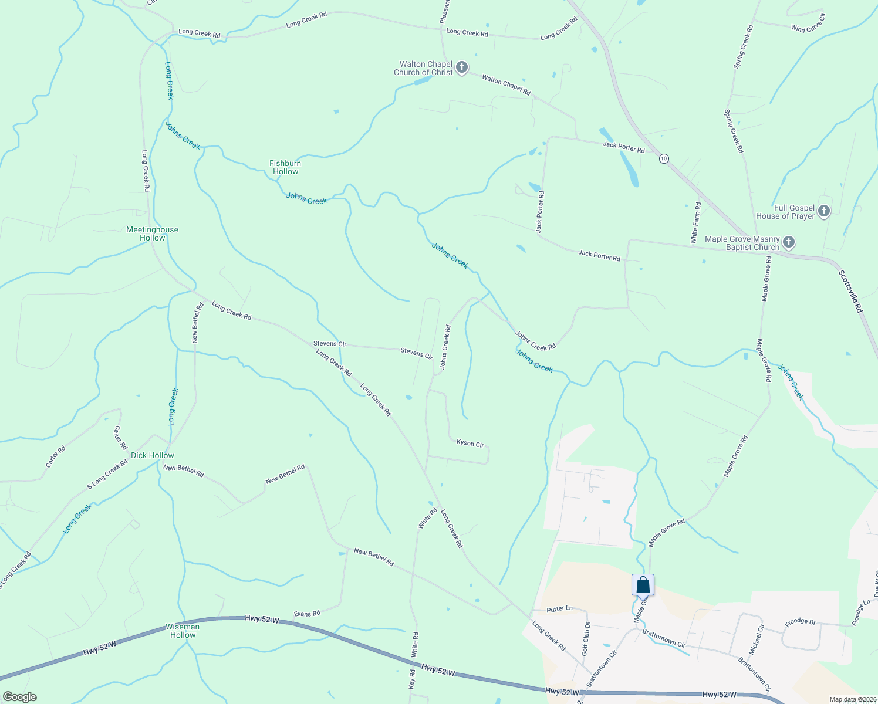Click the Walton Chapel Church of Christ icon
click(x=462, y=68)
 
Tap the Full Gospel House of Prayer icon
click(x=824, y=212)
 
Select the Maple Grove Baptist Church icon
click(x=789, y=243)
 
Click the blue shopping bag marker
click(x=643, y=585)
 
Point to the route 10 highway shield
click(x=663, y=158)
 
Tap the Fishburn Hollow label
click(x=285, y=167)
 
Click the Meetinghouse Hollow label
click(x=153, y=233)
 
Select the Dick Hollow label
click(x=153, y=455)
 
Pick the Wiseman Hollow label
click(x=183, y=631)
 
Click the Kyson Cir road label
click(x=470, y=444)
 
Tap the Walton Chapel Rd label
click(x=506, y=85)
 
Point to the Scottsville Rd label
click(x=850, y=291)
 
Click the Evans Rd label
click(x=307, y=614)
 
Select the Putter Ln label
click(x=559, y=608)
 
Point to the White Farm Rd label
click(x=695, y=223)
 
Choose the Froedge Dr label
click(x=800, y=622)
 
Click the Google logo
click(x=19, y=697)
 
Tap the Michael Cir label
click(x=756, y=639)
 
